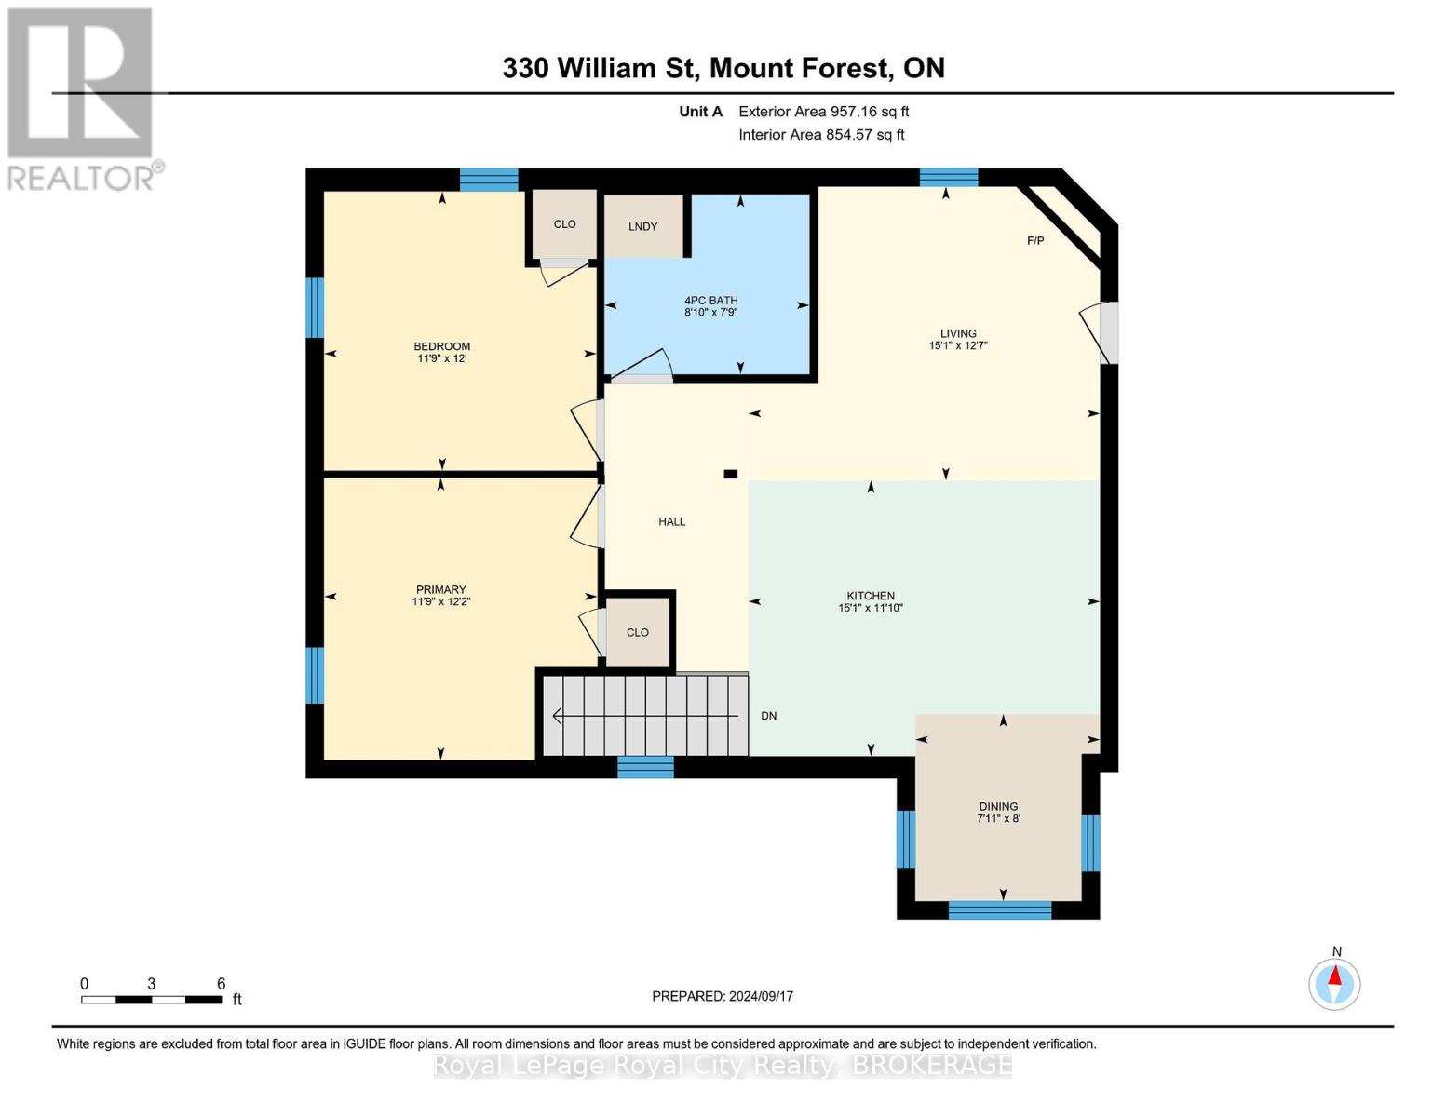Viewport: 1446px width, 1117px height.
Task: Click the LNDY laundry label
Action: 642,226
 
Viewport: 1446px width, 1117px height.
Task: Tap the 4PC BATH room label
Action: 710,301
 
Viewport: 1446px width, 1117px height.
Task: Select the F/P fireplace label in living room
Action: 1035,241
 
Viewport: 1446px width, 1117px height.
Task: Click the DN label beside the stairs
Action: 768,716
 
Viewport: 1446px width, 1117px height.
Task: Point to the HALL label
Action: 671,522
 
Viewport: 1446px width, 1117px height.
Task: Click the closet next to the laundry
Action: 564,224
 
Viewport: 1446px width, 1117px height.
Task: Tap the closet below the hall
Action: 638,633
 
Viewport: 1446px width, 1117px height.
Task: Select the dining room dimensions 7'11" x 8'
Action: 998,819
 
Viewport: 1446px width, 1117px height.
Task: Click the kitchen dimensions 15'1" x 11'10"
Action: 871,609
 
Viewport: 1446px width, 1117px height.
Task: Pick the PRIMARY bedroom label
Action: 440,589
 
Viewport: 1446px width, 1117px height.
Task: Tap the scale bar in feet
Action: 152,1000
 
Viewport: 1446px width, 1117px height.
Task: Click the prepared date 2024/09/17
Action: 723,996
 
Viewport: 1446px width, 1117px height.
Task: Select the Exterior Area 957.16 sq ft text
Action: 823,112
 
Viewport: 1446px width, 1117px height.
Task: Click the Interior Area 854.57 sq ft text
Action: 821,135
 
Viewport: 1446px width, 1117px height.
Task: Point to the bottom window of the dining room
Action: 999,909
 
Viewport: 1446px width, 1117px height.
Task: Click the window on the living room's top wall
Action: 949,177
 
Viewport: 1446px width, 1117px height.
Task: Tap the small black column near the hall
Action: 731,474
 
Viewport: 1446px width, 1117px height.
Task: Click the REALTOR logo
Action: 82,98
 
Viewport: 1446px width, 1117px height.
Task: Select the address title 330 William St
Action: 723,68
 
